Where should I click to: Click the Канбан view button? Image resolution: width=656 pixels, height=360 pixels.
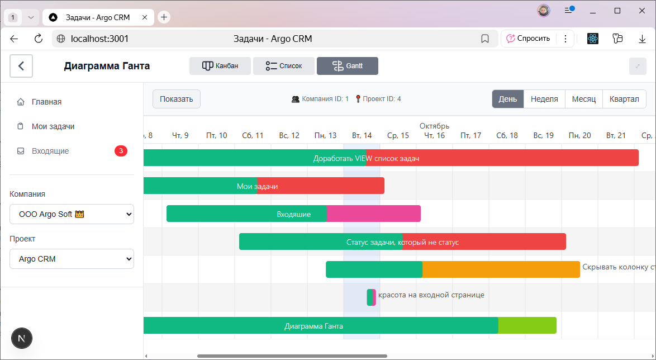220,66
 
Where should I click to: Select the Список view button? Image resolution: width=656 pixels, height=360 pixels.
283,66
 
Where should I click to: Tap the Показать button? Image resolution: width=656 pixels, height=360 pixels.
176,99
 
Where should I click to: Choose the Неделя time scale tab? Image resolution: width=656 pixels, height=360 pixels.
544,99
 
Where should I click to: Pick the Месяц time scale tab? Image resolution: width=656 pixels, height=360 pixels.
584,99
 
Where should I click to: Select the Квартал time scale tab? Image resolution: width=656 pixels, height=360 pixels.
624,99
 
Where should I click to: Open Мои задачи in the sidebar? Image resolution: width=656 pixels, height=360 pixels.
53,126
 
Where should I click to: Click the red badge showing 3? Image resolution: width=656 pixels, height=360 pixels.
121,151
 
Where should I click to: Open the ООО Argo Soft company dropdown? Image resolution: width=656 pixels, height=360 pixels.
72,214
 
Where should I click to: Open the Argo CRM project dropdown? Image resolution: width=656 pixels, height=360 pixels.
72,259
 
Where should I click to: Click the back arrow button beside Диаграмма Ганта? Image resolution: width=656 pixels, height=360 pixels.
21,66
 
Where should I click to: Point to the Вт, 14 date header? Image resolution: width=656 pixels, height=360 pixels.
362,135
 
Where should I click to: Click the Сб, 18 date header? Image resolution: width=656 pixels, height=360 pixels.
507,135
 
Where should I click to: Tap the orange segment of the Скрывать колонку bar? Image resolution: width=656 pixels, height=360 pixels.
501,269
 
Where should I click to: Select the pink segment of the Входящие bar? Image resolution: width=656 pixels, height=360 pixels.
373,214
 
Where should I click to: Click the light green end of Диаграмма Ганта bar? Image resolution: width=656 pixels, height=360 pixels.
527,325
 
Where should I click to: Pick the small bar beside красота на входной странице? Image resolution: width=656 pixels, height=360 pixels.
371,297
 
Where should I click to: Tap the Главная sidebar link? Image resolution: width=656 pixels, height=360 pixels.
46,102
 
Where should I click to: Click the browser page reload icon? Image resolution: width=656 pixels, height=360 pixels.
39,39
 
